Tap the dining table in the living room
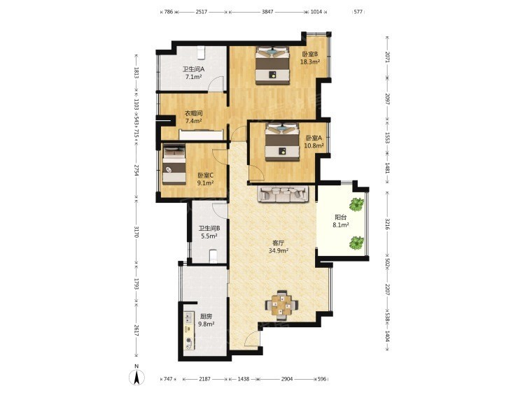pyautogui.click(x=281, y=304)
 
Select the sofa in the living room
pyautogui.click(x=283, y=194)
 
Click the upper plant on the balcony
pyautogui.click(x=357, y=204)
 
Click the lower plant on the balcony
pyautogui.click(x=357, y=243)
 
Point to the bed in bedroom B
pyautogui.click(x=272, y=64)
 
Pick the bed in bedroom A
pyautogui.click(x=282, y=142)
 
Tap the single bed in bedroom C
pyautogui.click(x=174, y=164)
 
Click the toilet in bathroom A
pyautogui.click(x=201, y=52)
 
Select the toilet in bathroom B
pyautogui.click(x=213, y=256)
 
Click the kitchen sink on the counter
pyautogui.click(x=189, y=317)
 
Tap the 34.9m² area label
pyautogui.click(x=279, y=250)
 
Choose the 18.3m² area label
pyautogui.click(x=310, y=62)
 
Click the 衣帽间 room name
pyautogui.click(x=194, y=113)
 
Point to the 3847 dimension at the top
pyautogui.click(x=267, y=12)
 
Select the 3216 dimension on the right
pyautogui.click(x=387, y=224)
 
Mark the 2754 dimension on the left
pyautogui.click(x=136, y=170)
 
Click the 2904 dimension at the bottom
pyautogui.click(x=287, y=379)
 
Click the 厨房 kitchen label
pyautogui.click(x=206, y=316)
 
